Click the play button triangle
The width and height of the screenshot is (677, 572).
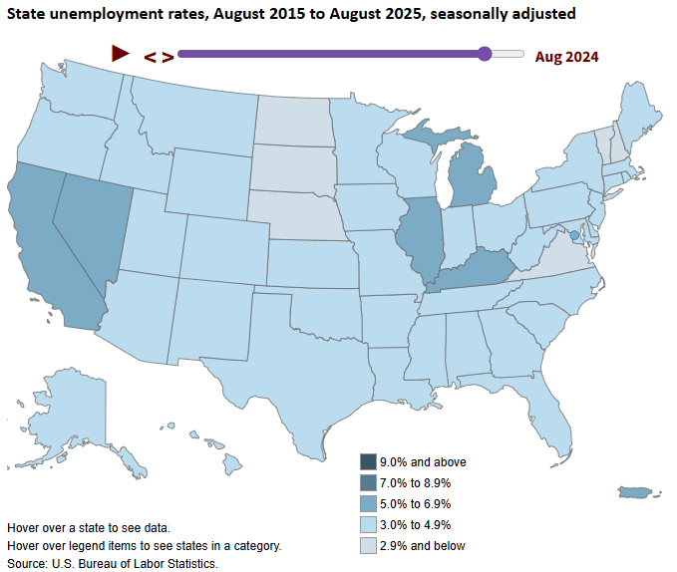click(120, 54)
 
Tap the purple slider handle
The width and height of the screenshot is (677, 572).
click(485, 54)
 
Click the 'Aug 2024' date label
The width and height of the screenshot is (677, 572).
click(566, 57)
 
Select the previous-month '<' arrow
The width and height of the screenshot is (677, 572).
click(150, 57)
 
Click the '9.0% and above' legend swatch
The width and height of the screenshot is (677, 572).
click(368, 462)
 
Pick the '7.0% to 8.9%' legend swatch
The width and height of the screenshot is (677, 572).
click(368, 482)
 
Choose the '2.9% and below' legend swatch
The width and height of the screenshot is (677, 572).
click(368, 546)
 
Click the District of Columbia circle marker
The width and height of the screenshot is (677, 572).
click(574, 235)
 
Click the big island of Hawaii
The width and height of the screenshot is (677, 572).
click(232, 464)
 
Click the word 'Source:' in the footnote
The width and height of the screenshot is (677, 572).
click(28, 564)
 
